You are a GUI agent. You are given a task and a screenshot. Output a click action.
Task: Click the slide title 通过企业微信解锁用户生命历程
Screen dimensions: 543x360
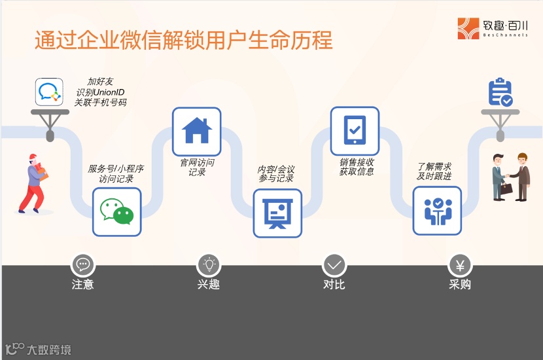(183, 40)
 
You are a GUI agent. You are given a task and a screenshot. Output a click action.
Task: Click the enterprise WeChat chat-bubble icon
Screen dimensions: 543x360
(50, 92)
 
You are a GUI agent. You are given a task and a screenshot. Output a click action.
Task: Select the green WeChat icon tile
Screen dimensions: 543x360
(116, 211)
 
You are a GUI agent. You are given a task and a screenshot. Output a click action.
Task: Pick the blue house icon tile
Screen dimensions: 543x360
(196, 131)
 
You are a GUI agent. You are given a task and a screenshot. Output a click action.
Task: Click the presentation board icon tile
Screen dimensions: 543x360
(277, 213)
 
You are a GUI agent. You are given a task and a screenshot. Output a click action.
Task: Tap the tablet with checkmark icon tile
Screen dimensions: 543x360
(355, 130)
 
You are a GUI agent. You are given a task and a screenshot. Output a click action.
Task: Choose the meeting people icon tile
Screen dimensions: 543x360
(436, 210)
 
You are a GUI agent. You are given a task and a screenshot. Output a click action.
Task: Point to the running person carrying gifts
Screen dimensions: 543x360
(33, 183)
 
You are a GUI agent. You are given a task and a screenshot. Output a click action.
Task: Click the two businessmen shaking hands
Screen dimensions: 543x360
(511, 176)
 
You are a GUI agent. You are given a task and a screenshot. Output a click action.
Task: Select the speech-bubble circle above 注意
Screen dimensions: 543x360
(82, 265)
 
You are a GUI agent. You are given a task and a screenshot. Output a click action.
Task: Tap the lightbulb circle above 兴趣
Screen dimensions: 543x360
(209, 265)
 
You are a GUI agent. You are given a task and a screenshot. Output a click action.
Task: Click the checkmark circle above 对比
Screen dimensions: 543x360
(334, 265)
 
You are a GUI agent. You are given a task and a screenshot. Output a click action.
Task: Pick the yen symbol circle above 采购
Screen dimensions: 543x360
(460, 265)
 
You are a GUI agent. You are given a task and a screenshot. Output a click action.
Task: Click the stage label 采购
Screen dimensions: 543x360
(460, 285)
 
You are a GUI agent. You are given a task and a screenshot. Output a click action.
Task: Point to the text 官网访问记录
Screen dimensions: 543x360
(197, 167)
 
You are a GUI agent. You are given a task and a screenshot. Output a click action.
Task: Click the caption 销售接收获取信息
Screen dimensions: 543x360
(357, 167)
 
